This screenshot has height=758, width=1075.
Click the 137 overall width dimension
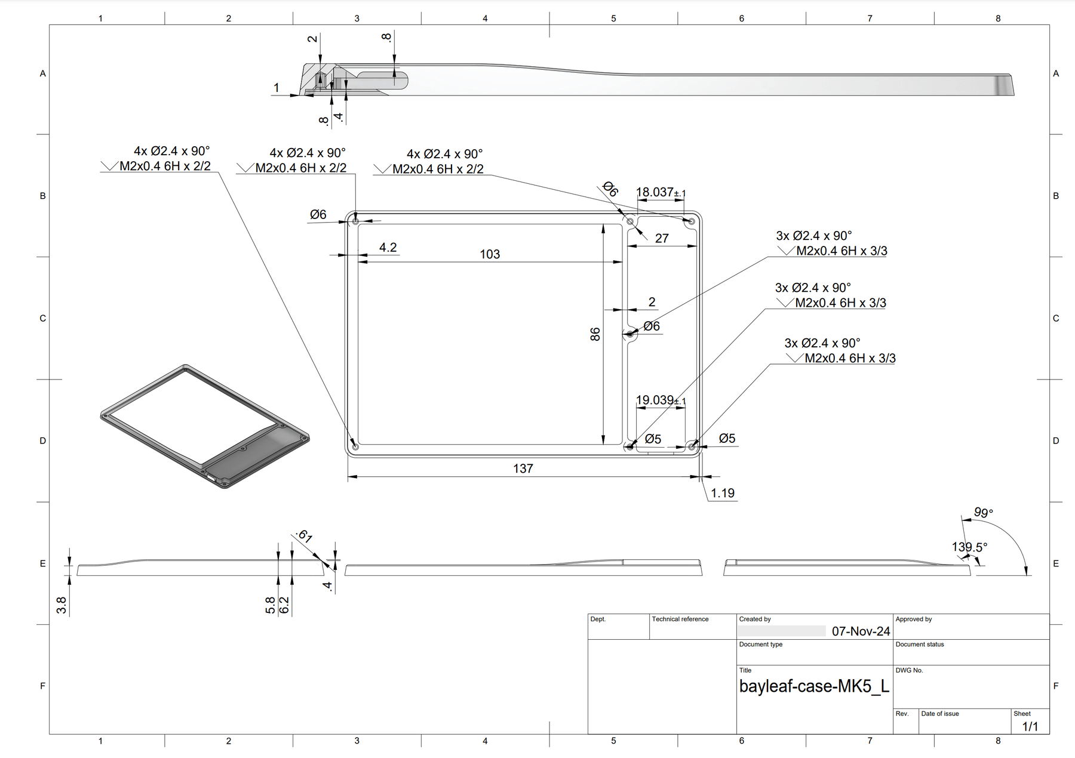(523, 469)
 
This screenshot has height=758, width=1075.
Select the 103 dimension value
(490, 254)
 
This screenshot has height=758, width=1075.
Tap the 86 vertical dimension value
(595, 334)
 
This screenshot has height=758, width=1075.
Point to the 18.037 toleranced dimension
(661, 192)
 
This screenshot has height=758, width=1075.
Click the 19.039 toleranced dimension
(661, 400)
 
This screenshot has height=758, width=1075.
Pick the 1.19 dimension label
(723, 493)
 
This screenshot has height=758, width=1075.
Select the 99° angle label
(983, 513)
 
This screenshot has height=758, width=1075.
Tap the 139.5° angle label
(969, 547)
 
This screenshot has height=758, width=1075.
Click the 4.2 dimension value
(388, 247)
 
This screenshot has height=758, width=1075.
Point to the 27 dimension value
(662, 239)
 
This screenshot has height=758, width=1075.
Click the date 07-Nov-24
(861, 631)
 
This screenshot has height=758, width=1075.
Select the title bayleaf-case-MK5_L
(814, 686)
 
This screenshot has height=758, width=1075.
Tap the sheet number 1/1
(1030, 726)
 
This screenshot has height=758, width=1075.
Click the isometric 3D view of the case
(205, 426)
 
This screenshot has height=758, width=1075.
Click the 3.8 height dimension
(61, 605)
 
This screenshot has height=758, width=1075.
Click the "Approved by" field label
(914, 620)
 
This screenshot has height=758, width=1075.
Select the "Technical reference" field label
(680, 620)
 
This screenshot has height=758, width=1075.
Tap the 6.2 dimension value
(285, 605)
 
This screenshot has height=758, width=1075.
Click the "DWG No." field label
(909, 671)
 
